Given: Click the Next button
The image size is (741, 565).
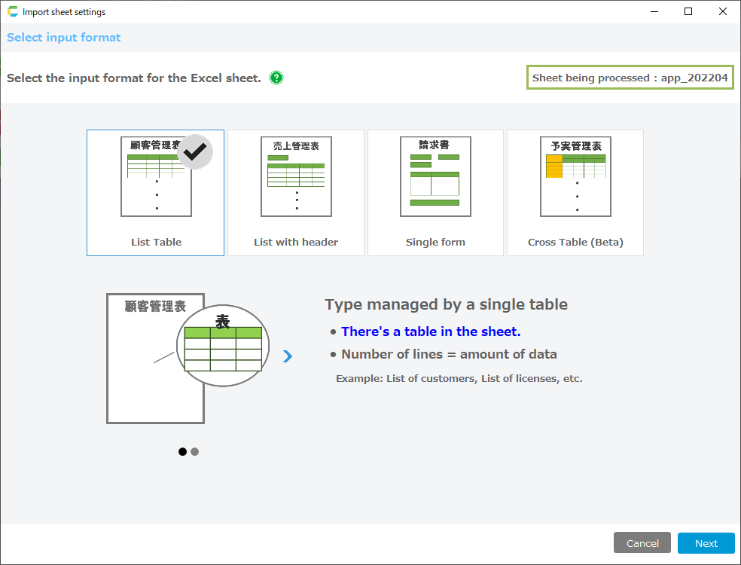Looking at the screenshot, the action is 706,543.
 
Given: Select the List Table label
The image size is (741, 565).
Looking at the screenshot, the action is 157,242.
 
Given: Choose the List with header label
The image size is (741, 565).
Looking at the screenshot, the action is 296,242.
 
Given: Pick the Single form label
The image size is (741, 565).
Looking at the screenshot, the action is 435,242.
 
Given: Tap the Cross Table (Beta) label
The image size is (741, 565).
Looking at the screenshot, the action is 575,242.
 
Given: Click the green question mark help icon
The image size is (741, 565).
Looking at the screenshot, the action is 276,78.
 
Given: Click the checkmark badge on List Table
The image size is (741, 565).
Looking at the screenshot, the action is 195,151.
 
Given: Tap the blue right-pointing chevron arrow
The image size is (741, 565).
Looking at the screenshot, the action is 288,356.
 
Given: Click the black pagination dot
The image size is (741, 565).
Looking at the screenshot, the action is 182,451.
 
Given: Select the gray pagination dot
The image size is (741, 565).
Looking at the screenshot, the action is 195,451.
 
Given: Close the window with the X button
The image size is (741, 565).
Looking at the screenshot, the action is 723,11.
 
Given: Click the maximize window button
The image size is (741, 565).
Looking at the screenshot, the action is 688,11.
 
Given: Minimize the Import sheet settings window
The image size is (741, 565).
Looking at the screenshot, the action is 654,11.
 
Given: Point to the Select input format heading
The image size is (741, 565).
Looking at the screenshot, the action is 64,38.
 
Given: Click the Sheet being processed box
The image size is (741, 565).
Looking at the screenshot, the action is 630,78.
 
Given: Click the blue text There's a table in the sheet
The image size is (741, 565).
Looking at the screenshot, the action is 431,331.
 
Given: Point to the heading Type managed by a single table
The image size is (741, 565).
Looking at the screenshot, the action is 446,304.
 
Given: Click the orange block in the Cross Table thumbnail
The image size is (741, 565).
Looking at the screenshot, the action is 553,166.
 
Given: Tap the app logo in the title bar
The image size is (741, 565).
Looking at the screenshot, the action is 13,11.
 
